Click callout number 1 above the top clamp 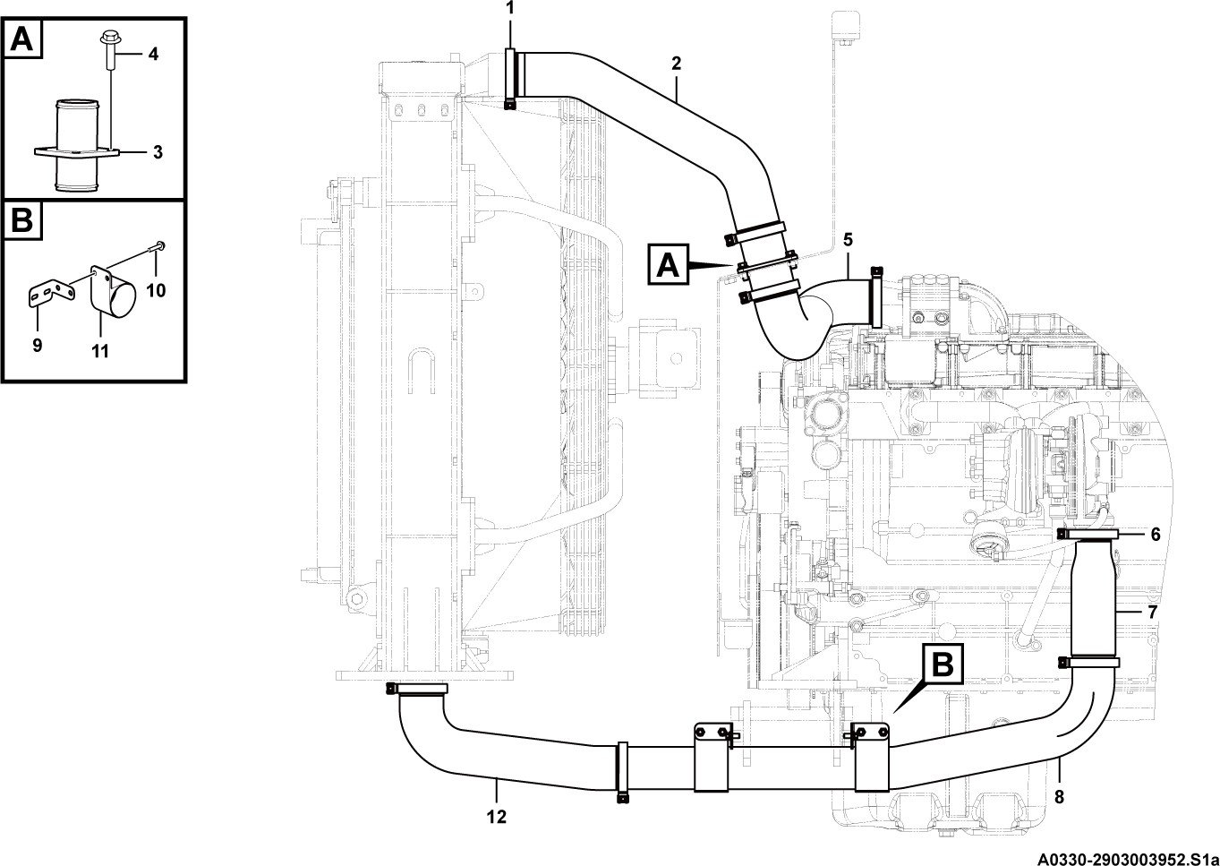(510, 8)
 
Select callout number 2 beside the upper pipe (676, 64)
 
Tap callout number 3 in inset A (158, 152)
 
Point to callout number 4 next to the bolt (154, 54)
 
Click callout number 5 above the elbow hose (848, 240)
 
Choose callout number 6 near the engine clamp (1156, 535)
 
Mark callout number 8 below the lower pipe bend (1059, 797)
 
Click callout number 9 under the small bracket (37, 345)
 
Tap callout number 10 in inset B (156, 290)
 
